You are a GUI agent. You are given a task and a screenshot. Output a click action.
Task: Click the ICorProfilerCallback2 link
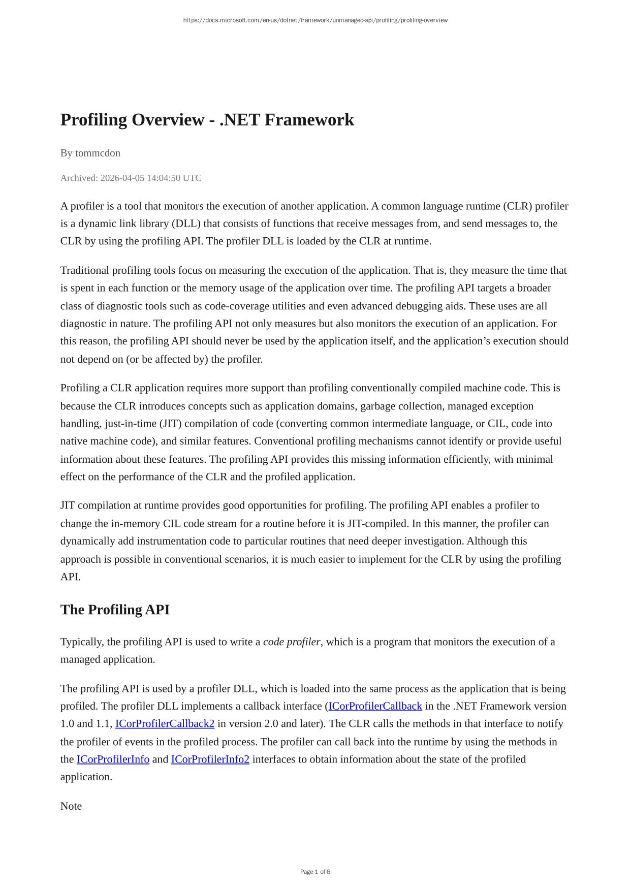pyautogui.click(x=165, y=724)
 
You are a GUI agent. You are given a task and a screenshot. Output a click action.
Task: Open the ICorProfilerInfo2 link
pyautogui.click(x=210, y=759)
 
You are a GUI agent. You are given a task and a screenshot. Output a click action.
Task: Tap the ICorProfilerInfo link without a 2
pyautogui.click(x=113, y=759)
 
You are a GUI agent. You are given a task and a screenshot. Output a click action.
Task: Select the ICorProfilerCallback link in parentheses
pyautogui.click(x=375, y=706)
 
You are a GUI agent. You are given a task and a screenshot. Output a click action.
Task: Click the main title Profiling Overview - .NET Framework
pyautogui.click(x=207, y=120)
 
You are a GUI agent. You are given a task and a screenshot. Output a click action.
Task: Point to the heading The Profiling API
pyautogui.click(x=115, y=610)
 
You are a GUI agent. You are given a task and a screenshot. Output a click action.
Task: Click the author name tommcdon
pyautogui.click(x=98, y=153)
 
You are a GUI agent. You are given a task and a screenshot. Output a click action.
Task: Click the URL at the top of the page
pyautogui.click(x=315, y=20)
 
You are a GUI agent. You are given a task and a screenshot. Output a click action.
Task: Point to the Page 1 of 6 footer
pyautogui.click(x=315, y=872)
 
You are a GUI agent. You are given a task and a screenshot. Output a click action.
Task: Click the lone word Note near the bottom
pyautogui.click(x=71, y=806)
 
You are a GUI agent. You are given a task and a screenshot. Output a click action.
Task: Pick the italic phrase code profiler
pyautogui.click(x=292, y=642)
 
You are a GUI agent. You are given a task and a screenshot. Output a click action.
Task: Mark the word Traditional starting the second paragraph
pyautogui.click(x=85, y=270)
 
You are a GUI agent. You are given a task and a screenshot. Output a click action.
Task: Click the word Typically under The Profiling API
pyautogui.click(x=82, y=642)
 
